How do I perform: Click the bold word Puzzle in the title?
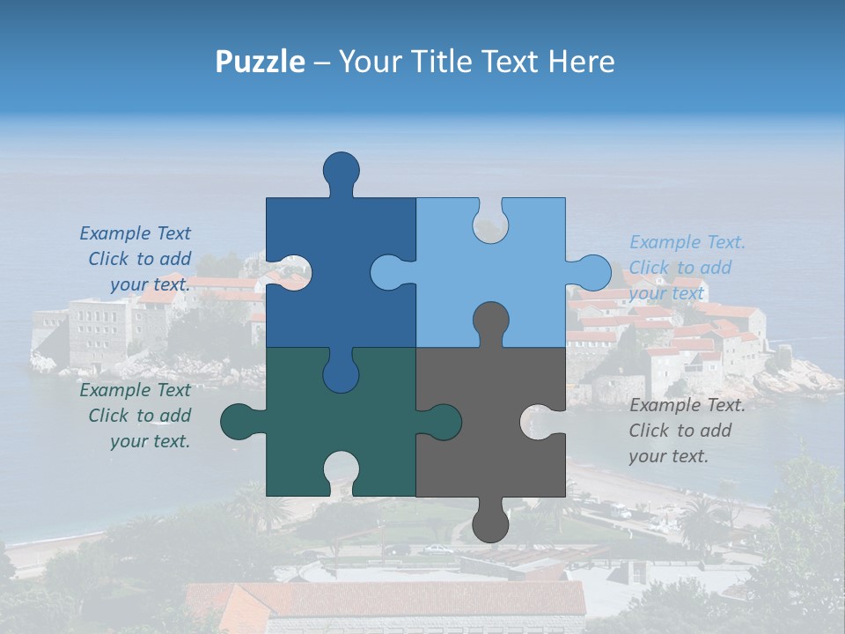[x=261, y=62]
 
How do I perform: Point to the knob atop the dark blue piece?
[x=342, y=169]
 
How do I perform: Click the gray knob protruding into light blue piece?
[x=490, y=321]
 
